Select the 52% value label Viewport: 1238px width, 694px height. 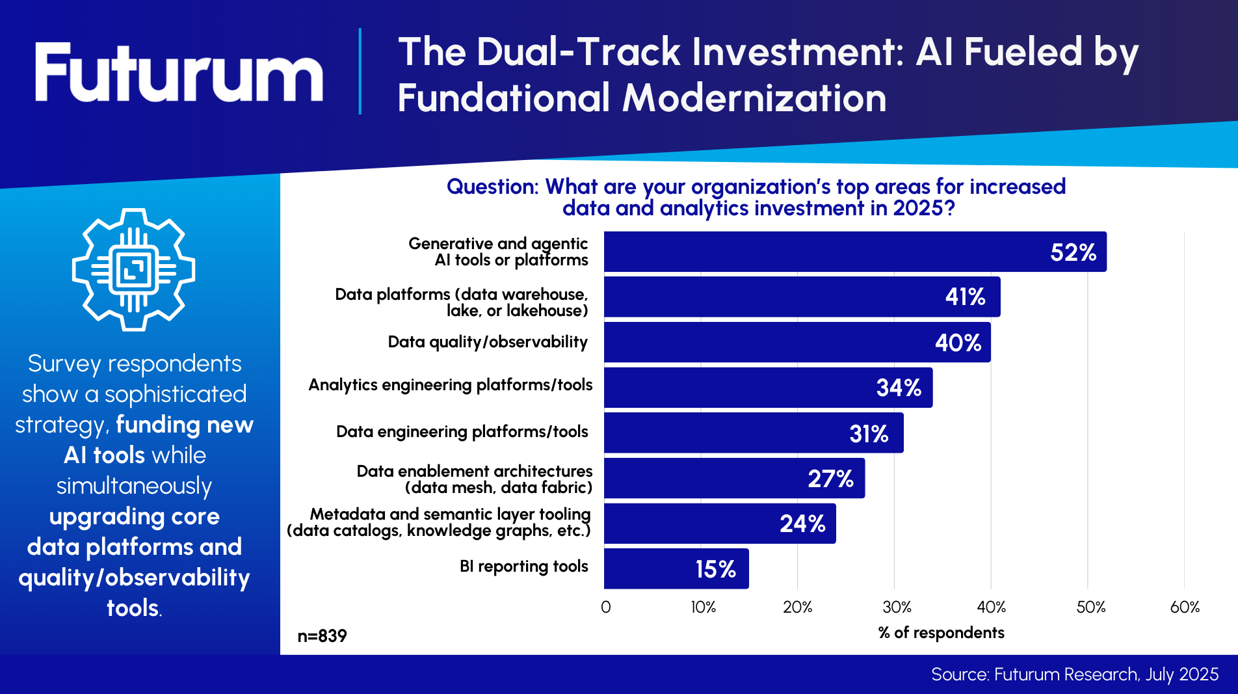coord(1073,252)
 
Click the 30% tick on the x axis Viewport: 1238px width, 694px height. coord(897,607)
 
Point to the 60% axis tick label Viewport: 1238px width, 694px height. coord(1185,607)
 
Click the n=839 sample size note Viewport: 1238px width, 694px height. coord(322,635)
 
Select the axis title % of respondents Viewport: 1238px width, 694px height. coord(941,632)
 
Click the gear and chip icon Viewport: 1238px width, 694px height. coord(133,269)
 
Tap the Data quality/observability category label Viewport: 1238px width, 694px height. coord(488,342)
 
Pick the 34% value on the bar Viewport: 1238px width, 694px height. coord(899,388)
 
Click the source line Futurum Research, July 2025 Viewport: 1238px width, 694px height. coord(1074,674)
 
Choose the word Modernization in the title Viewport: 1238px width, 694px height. coord(754,98)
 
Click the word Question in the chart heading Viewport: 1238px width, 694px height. coord(492,187)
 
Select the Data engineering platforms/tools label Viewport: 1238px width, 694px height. coord(462,432)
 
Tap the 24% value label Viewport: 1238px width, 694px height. coord(802,524)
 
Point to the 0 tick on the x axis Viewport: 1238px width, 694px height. coord(605,607)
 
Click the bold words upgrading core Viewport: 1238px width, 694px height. coord(135,516)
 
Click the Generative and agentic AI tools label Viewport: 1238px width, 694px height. coord(498,252)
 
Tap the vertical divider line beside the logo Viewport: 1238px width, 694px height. coord(360,72)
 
